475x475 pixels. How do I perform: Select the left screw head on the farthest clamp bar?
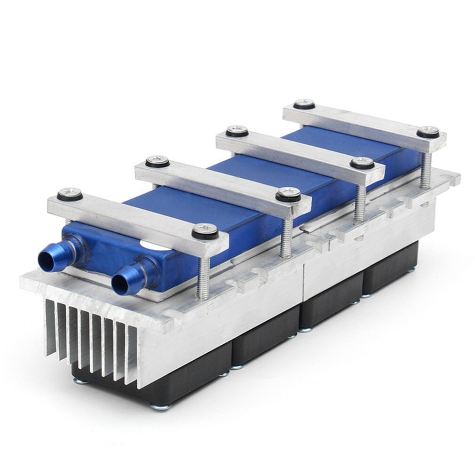(304, 103)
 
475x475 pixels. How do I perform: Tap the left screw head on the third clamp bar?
(237, 130)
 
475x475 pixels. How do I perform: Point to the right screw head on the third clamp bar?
(362, 162)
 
